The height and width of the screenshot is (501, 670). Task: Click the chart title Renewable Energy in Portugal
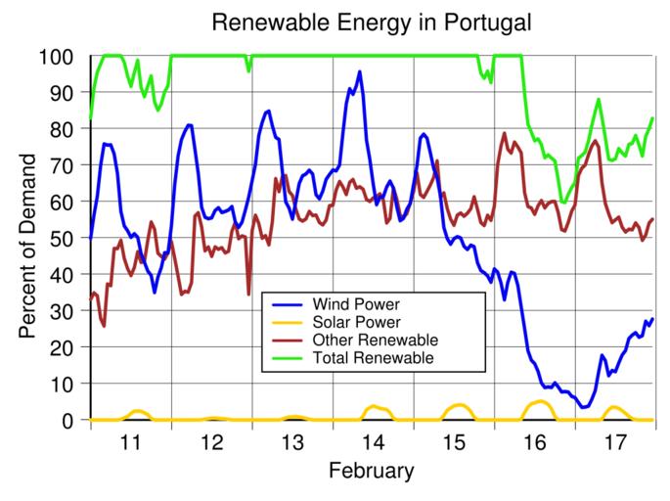pos(335,21)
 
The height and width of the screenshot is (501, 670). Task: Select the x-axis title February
pos(371,471)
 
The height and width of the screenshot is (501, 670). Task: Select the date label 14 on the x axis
pos(372,441)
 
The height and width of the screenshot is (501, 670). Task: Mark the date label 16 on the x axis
pos(533,441)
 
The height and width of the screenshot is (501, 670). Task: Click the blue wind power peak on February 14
pos(359,71)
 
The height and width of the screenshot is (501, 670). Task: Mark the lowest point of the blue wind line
pos(584,407)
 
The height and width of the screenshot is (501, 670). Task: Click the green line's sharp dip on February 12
pos(248,70)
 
